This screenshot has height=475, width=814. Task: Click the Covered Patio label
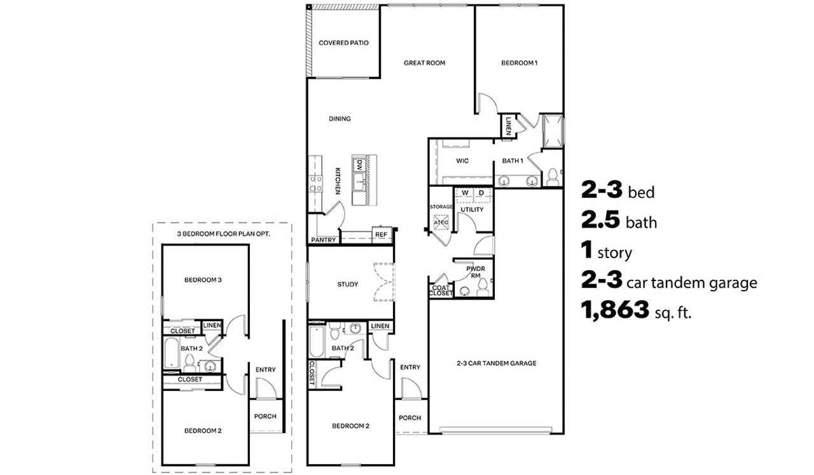pos(343,43)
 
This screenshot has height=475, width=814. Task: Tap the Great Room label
pos(424,63)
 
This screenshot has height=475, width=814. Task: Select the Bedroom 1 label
pos(520,63)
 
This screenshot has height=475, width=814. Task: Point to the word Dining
pos(340,119)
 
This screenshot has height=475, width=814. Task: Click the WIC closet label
pos(462,161)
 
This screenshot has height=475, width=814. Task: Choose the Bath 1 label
pos(513,161)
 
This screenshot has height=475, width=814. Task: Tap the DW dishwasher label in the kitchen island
pos(359,164)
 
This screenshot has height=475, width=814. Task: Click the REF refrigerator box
pos(382,235)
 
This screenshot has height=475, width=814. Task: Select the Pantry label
pos(323,240)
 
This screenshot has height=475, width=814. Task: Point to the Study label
pos(347,284)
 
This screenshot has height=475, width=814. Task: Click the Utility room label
pos(472,209)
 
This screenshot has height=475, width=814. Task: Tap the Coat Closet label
pos(441,291)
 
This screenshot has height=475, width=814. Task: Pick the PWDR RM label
pos(476,272)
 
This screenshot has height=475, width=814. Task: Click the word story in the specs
pos(614,254)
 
